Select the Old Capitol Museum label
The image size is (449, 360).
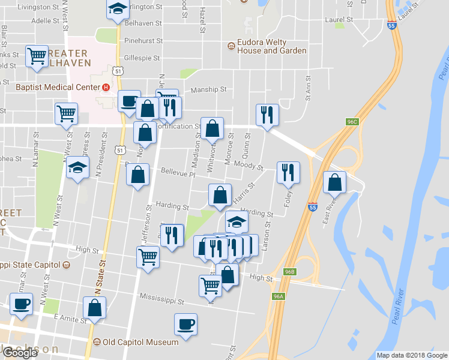(x=140, y=342)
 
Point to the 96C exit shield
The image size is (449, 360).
(x=352, y=122)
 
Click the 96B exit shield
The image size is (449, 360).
(x=290, y=272)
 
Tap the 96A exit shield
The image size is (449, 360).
(x=277, y=296)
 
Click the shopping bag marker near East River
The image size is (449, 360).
(x=334, y=182)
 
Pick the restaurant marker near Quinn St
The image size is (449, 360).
(x=266, y=115)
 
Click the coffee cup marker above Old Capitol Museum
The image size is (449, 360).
(x=185, y=324)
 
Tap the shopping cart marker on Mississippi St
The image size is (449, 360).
(x=210, y=285)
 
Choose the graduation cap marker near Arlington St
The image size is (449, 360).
(x=117, y=8)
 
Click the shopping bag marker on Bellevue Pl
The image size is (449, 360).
(x=137, y=175)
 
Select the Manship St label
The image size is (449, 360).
(x=208, y=90)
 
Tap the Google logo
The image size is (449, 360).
(x=20, y=353)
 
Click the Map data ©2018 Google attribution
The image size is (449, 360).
(x=411, y=355)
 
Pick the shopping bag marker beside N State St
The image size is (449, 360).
(x=95, y=307)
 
